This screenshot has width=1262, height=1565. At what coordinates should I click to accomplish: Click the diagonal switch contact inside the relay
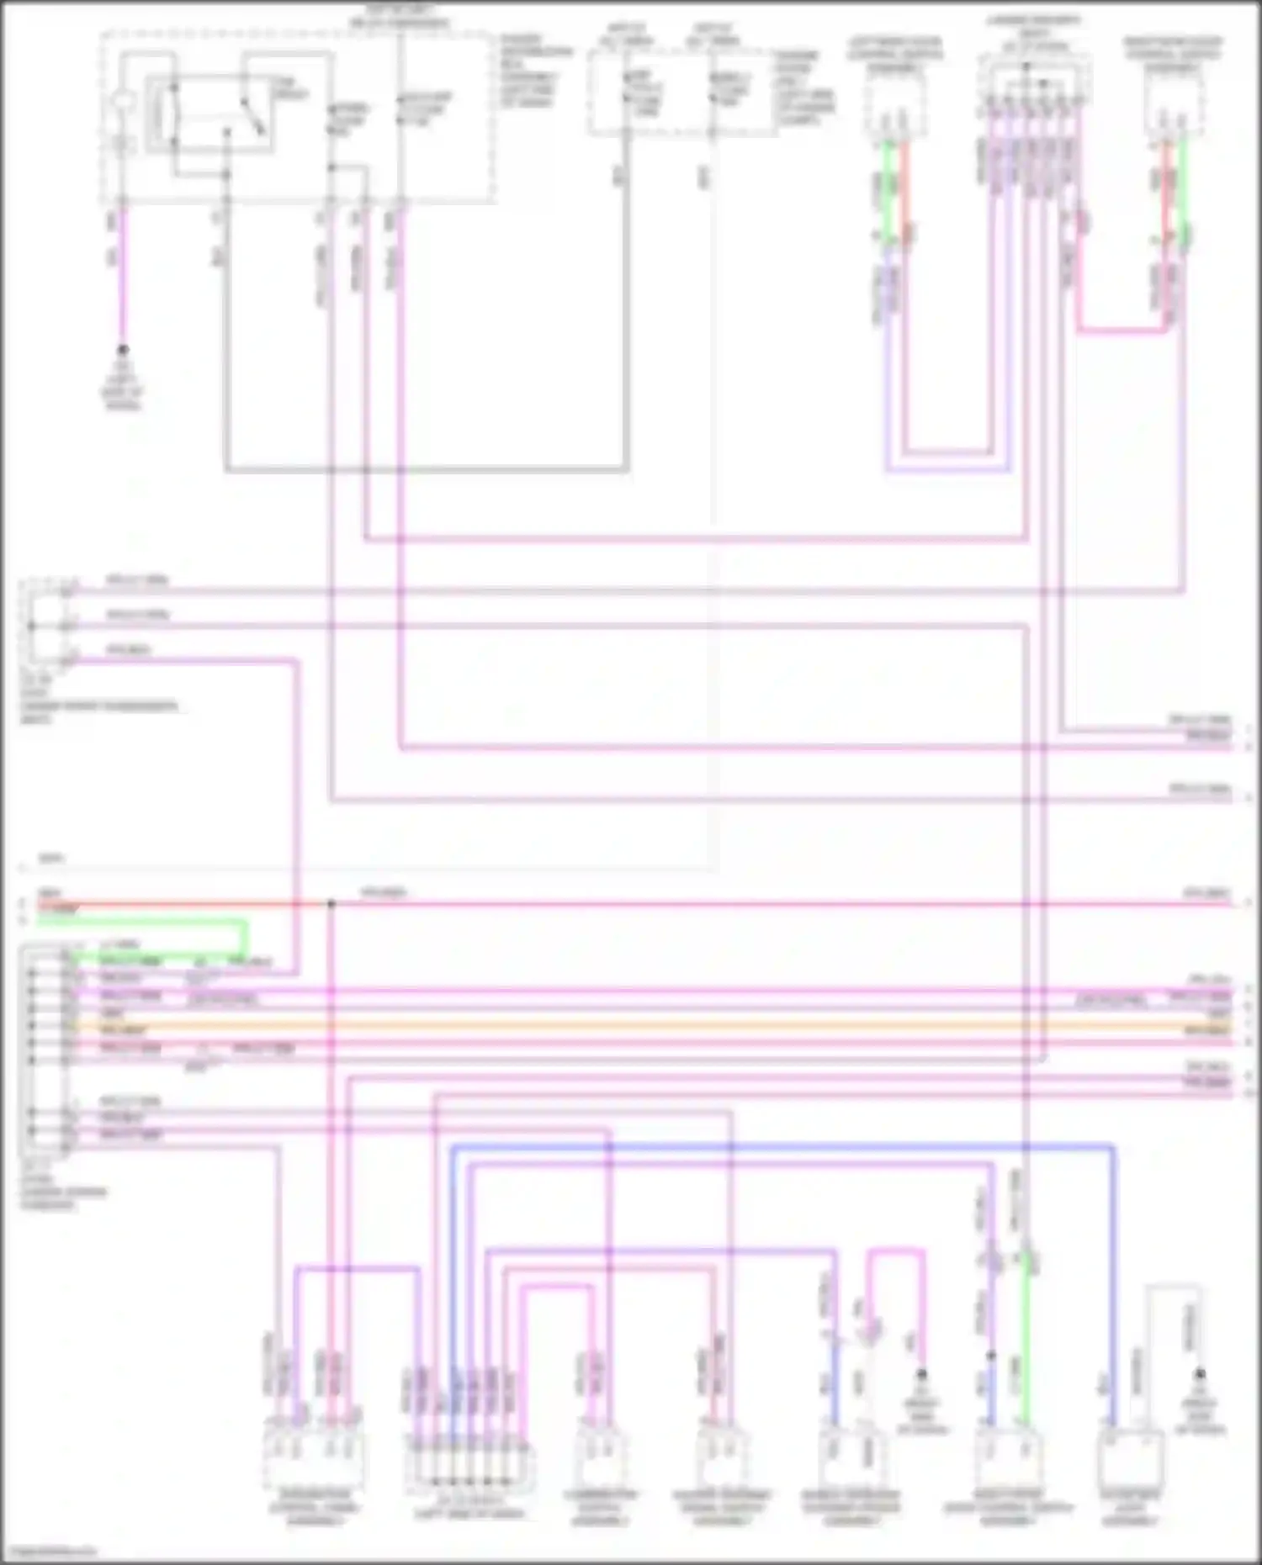pyautogui.click(x=252, y=116)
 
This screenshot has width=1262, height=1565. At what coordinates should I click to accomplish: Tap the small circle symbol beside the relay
pyautogui.click(x=124, y=105)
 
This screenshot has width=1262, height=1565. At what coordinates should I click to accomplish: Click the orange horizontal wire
pyautogui.click(x=639, y=1027)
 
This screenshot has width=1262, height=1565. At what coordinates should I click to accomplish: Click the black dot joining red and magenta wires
pyautogui.click(x=331, y=905)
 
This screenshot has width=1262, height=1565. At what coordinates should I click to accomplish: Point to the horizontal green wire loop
pyautogui.click(x=151, y=923)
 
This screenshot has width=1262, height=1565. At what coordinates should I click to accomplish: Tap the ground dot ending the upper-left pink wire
pyautogui.click(x=124, y=349)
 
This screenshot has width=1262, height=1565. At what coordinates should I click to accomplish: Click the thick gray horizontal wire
pyautogui.click(x=425, y=470)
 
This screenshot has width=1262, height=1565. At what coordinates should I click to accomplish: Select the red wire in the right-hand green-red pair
pyautogui.click(x=1167, y=193)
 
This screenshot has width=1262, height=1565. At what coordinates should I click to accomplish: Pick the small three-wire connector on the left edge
pyautogui.click(x=46, y=622)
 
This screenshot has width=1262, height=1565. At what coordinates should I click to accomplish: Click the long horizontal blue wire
pyautogui.click(x=782, y=1146)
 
